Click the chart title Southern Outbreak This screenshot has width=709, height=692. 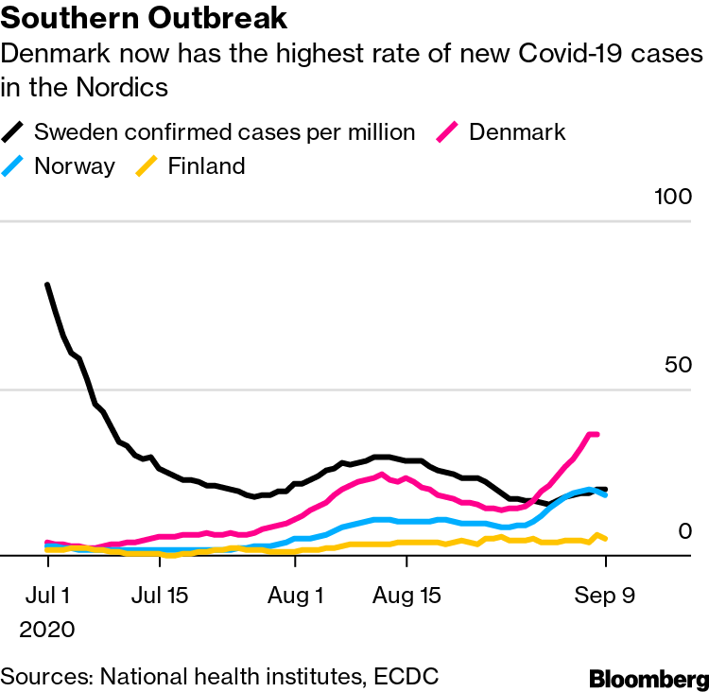coord(145,18)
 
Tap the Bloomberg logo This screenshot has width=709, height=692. coord(648,678)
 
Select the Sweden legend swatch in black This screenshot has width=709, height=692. coord(14,131)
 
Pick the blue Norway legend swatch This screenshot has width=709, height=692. coord(14,166)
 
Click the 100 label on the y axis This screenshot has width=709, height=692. coord(673,198)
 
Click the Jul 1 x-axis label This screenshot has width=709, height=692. coord(47,597)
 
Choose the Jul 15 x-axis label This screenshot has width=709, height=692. coord(159,597)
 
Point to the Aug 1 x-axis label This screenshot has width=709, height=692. coord(295,597)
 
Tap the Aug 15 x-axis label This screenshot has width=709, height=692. coord(406,597)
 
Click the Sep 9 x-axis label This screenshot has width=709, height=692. coord(605,597)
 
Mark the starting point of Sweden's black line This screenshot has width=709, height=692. coord(47,285)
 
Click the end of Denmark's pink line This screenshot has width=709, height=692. coord(597,434)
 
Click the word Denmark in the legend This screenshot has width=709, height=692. coord(517,131)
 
